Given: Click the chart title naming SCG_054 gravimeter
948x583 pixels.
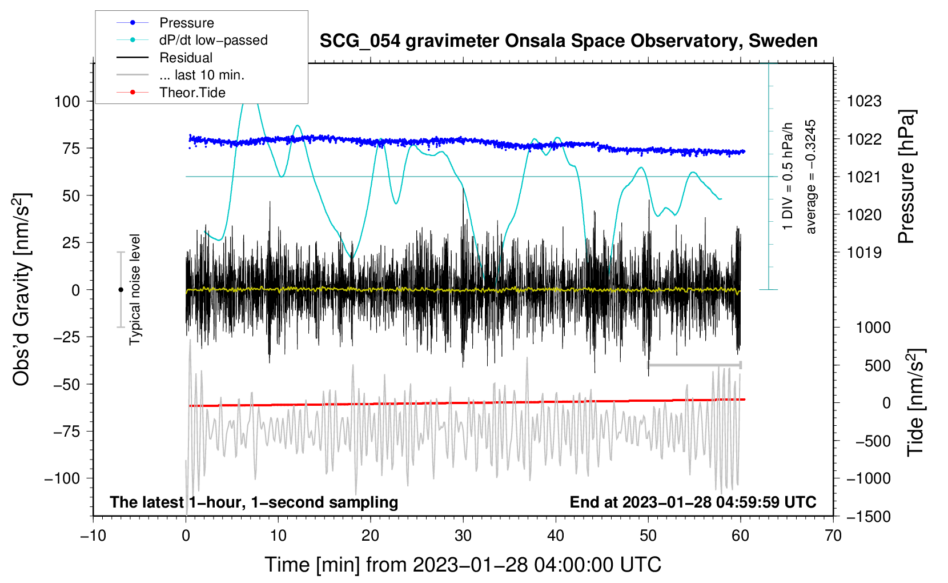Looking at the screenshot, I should (568, 41).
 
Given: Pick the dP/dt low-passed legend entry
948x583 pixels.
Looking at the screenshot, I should (213, 40).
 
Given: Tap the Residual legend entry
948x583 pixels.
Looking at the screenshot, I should (186, 58).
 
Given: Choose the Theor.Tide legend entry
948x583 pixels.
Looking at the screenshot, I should (192, 93).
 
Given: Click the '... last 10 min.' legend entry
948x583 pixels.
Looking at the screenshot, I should (202, 75).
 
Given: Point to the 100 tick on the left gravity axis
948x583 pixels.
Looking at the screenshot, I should (67, 102).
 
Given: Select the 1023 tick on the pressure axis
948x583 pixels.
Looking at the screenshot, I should (864, 102).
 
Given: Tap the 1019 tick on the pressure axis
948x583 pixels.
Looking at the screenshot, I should (864, 253).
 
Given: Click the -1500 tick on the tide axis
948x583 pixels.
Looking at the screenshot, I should (869, 517).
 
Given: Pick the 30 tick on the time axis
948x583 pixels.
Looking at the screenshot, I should (463, 536).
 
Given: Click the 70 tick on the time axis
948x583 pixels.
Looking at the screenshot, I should (833, 536).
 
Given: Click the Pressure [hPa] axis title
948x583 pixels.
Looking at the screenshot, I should (906, 177).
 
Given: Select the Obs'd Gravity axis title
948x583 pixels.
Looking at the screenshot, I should (22, 290).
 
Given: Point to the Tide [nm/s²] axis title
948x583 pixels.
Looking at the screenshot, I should (915, 402).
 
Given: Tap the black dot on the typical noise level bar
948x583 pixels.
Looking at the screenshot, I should (120, 290).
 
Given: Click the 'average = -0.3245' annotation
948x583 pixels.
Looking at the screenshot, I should (811, 177).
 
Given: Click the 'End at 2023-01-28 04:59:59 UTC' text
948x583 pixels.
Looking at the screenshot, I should (693, 502).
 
